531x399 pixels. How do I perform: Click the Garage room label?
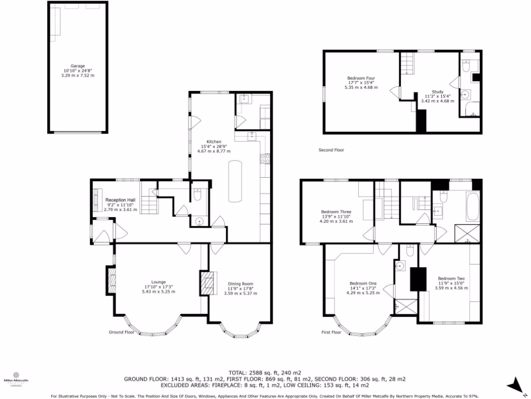(x=78, y=66)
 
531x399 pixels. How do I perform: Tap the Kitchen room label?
(x=214, y=142)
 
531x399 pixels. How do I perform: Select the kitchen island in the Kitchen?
(x=235, y=181)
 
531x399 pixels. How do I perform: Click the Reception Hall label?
(x=120, y=200)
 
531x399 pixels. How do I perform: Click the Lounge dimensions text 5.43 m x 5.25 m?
(x=159, y=292)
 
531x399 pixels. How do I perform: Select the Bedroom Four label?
(x=361, y=78)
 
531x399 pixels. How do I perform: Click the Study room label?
(x=437, y=91)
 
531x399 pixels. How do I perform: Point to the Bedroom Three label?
(x=336, y=212)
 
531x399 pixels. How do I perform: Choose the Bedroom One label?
(x=362, y=283)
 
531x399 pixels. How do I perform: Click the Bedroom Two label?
(x=451, y=278)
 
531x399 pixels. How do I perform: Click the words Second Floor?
(x=331, y=150)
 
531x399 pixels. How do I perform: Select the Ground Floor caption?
(x=121, y=331)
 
